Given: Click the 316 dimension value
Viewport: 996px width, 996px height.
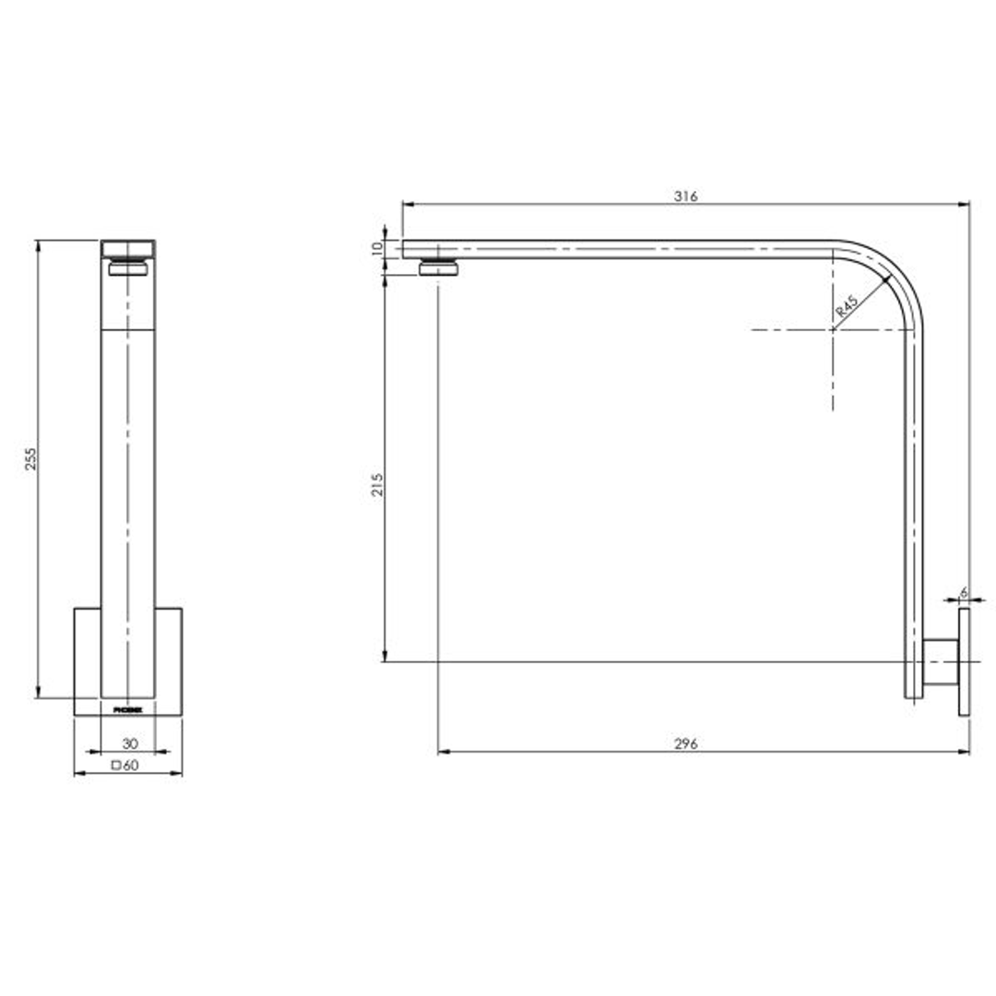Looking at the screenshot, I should click(685, 196).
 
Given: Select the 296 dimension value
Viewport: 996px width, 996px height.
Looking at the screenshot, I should click(685, 744).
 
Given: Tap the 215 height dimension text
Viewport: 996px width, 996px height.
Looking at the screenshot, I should click(376, 485).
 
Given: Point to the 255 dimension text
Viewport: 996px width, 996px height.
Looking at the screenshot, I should click(30, 460).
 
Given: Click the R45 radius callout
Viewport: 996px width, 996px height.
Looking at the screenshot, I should click(846, 307).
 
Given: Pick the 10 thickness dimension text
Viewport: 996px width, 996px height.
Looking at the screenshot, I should click(376, 249).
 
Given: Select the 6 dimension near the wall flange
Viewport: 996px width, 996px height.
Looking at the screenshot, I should click(963, 592).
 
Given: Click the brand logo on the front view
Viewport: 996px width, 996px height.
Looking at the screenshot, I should click(127, 709).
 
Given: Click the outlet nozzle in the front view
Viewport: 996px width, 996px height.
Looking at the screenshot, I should click(127, 268).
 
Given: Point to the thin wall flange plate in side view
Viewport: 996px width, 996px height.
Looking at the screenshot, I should click(965, 660).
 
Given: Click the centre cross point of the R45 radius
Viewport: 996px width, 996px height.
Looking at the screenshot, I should click(833, 329).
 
